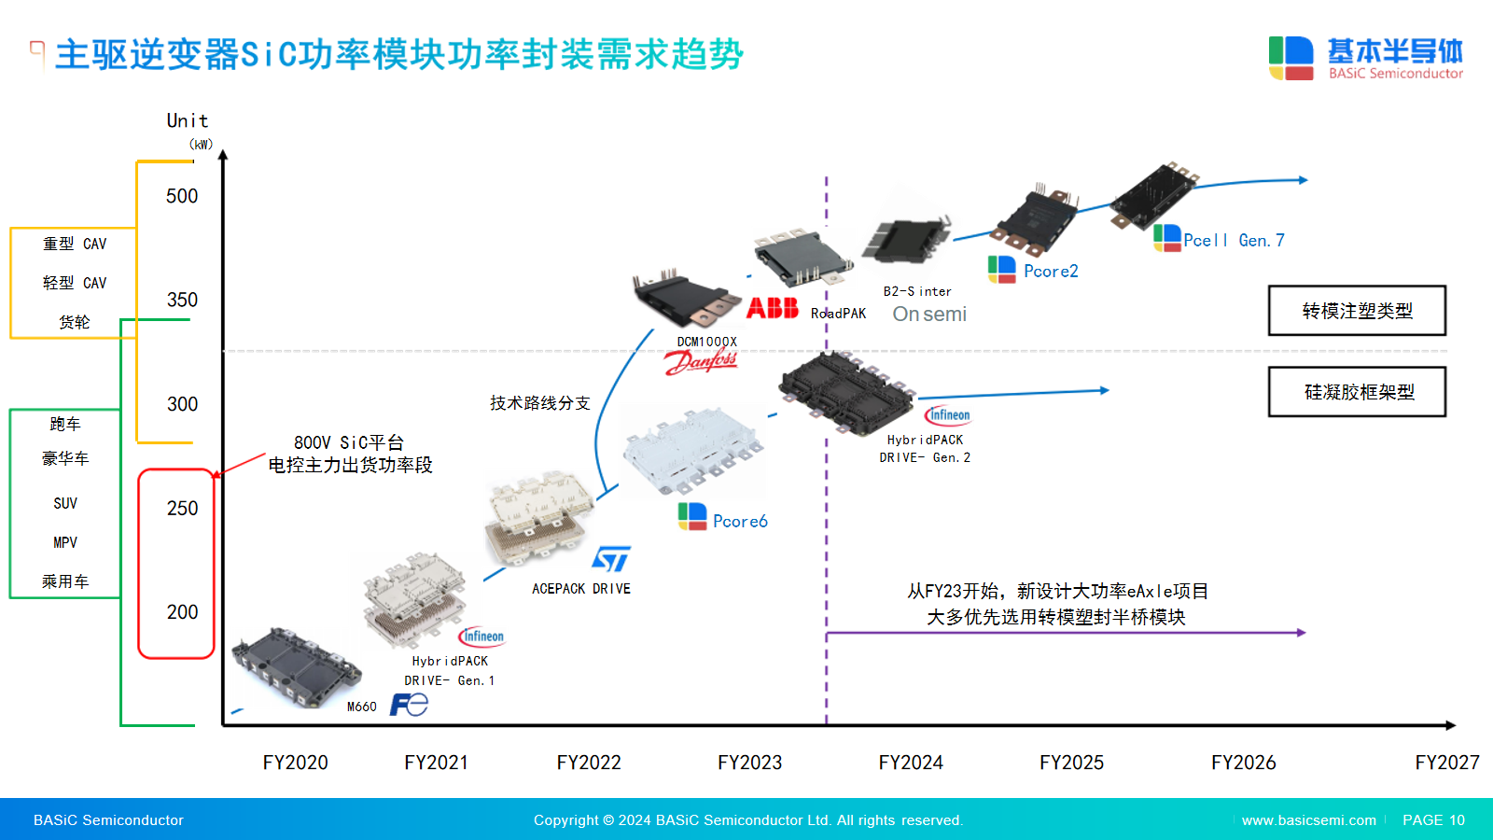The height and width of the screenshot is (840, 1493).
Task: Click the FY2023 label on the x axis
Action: pos(749,763)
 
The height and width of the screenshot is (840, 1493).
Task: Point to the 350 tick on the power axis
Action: pos(182,300)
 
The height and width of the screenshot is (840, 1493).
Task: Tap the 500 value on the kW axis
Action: pos(182,196)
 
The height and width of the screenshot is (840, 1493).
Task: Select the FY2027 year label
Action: pos(1446,763)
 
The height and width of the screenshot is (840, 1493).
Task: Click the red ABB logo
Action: pos(773,308)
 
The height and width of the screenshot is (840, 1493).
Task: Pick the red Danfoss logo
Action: pos(701,361)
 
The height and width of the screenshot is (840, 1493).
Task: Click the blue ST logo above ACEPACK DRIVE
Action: pos(611,559)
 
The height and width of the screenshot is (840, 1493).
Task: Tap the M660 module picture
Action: pos(294,666)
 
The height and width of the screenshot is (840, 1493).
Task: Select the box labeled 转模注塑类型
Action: pos(1357,311)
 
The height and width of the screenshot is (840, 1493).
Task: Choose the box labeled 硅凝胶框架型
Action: pos(1357,392)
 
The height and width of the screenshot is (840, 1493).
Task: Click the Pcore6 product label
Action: pos(740,522)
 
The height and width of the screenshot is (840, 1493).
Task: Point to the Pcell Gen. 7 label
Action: pos(1234,241)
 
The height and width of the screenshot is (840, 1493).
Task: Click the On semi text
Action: pos(929,315)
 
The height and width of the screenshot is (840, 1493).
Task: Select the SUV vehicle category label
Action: pos(65,503)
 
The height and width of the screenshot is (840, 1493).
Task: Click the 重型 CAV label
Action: pos(75,244)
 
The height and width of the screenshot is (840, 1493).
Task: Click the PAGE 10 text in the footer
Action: pos(1433,820)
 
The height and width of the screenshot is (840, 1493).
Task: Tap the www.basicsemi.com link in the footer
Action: pos(1308,820)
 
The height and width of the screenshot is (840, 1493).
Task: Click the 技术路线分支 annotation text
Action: pos(540,403)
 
